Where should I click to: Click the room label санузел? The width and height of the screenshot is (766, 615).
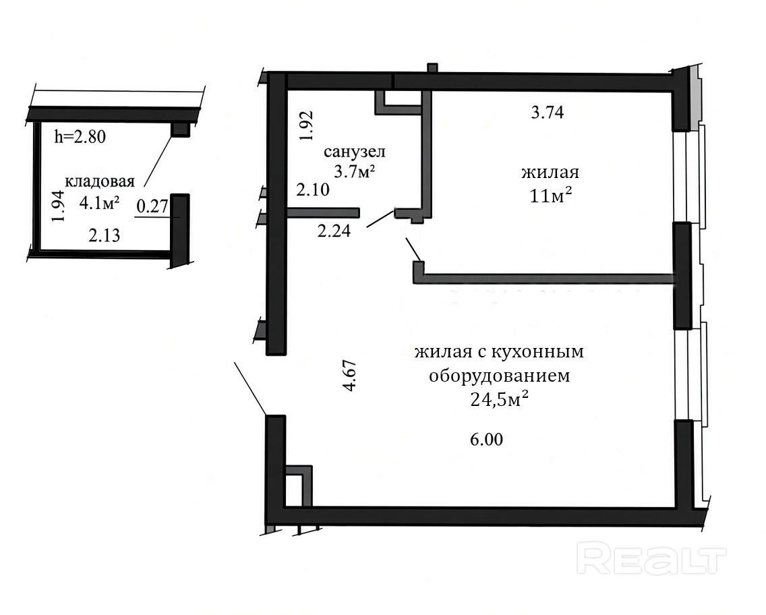point(355,152)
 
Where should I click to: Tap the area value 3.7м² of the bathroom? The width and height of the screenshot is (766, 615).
point(354,171)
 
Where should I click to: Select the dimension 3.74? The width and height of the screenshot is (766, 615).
point(547,113)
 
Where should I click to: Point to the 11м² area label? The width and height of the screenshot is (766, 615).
point(550,196)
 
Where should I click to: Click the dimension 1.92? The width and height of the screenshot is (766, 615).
point(306,126)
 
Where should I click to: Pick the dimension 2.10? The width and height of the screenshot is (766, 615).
point(313,189)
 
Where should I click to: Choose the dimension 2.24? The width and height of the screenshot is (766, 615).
point(334,231)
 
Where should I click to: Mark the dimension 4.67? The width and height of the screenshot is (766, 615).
point(350,375)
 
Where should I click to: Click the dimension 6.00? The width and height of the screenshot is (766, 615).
point(487,439)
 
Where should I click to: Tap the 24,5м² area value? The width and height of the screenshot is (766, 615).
point(499,400)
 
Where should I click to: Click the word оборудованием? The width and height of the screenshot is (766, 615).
point(499,376)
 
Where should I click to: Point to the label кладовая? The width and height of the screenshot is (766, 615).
point(100,181)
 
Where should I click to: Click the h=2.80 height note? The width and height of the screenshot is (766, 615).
point(80,136)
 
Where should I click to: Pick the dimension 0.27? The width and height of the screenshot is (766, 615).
point(152,206)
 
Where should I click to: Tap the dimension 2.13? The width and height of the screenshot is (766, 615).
point(104,236)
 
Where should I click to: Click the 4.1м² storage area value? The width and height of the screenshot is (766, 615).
point(99,203)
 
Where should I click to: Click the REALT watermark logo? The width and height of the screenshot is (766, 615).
point(651,559)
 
